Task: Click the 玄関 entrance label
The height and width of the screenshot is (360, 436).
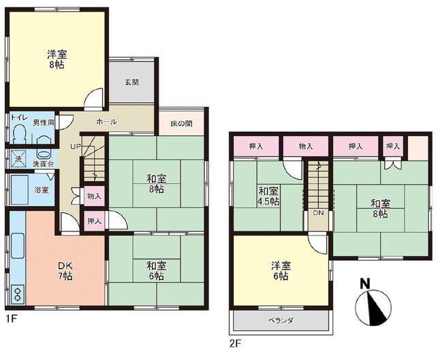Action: click(x=131, y=82)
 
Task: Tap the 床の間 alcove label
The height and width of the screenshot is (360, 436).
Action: click(x=182, y=124)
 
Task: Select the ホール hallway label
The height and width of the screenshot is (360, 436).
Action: click(x=107, y=122)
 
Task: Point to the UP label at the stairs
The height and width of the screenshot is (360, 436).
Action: click(x=75, y=146)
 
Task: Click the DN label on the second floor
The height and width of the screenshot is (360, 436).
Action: click(x=318, y=213)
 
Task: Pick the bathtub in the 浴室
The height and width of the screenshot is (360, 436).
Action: click(x=19, y=190)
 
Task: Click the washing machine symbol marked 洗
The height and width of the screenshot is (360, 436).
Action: click(x=18, y=159)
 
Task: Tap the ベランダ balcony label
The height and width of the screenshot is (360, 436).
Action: click(x=281, y=321)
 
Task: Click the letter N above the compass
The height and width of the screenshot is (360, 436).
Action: click(x=365, y=284)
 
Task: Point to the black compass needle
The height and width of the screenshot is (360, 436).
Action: click(x=376, y=308)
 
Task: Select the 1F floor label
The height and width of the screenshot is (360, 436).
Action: click(x=12, y=319)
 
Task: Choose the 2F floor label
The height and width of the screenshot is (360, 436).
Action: click(x=235, y=344)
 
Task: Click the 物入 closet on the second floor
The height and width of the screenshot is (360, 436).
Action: click(x=306, y=146)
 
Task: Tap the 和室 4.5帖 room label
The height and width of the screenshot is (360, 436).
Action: click(x=268, y=196)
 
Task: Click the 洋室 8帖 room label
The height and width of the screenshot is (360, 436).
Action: click(x=57, y=59)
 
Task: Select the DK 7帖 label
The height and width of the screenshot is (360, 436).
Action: click(x=65, y=272)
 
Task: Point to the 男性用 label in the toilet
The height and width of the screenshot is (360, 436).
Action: click(x=43, y=122)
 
